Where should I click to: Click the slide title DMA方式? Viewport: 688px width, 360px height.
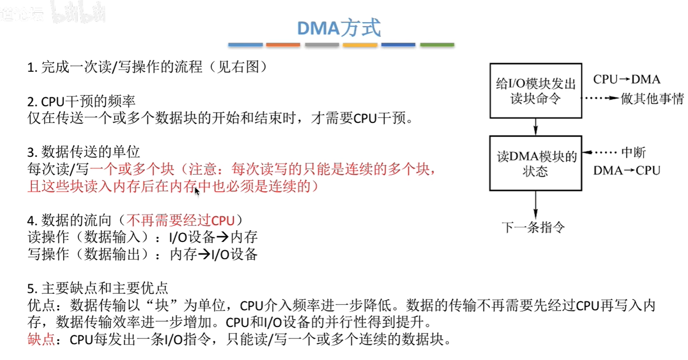point(339,28)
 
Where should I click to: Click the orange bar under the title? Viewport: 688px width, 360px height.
point(283,44)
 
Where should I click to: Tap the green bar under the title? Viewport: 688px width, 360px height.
point(437,44)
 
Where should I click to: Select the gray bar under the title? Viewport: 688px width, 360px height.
point(322,44)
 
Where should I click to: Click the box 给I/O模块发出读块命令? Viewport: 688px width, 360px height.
point(535,91)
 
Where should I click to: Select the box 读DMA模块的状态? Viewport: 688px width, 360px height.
point(535,163)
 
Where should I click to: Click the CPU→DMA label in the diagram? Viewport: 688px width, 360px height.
point(627,79)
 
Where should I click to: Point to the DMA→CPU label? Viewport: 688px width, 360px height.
point(627,170)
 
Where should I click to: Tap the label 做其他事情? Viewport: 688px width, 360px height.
point(652,98)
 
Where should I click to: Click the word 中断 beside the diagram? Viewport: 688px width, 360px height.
point(634,153)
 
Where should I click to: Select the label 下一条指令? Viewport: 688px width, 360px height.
point(533,227)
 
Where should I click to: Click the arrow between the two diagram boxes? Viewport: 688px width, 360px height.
point(535,127)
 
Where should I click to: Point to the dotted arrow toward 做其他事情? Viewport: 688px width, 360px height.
point(600,98)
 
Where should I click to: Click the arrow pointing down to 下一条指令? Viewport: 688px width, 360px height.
point(535,204)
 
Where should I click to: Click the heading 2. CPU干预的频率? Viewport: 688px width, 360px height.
point(81,101)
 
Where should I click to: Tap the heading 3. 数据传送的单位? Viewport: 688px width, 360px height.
point(83,152)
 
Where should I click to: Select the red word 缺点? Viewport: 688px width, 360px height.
point(41,339)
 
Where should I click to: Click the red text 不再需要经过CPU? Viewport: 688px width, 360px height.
point(181,220)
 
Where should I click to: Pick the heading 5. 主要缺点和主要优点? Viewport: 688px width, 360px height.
point(98,288)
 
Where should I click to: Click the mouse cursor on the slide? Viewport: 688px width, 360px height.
point(197,191)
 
